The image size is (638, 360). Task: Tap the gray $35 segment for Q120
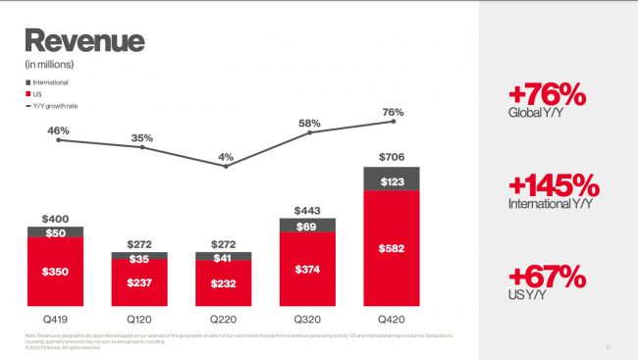coord(140,259)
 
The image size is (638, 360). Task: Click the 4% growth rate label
coord(226,155)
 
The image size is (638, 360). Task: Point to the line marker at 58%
coord(310,132)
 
